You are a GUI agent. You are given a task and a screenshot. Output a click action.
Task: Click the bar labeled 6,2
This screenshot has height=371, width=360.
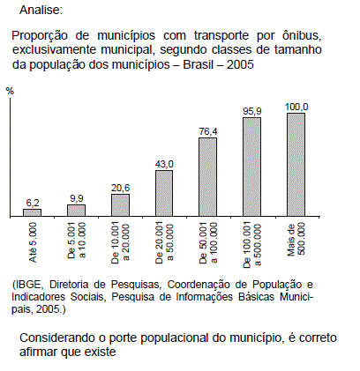click(33, 212)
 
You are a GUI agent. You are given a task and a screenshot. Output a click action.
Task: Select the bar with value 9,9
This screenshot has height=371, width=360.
click(77, 211)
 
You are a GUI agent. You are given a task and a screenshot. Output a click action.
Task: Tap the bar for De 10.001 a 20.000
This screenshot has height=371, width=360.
click(120, 205)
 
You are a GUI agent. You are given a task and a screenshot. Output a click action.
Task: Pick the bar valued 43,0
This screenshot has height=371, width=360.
click(164, 193)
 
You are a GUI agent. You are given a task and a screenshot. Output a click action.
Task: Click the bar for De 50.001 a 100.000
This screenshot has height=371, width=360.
click(208, 177)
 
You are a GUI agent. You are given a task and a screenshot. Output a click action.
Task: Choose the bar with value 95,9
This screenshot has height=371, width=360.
click(251, 167)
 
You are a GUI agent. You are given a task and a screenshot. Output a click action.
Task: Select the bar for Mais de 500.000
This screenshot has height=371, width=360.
click(296, 165)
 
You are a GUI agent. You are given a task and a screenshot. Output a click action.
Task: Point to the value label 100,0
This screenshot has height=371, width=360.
click(296, 107)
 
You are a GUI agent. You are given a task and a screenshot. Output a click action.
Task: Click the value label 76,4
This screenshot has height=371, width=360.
click(208, 131)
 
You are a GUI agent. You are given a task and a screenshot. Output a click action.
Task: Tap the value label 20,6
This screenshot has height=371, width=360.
click(120, 188)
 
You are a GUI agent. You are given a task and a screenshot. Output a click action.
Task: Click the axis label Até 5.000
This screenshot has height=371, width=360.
click(33, 242)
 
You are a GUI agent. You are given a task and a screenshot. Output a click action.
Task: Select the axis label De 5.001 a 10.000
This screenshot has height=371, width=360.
click(77, 241)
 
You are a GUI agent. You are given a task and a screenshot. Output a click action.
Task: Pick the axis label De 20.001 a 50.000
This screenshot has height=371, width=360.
click(164, 243)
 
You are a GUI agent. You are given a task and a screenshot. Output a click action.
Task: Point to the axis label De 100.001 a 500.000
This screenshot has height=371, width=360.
click(252, 245)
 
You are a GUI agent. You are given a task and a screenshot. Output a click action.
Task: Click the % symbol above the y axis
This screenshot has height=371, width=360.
click(10, 91)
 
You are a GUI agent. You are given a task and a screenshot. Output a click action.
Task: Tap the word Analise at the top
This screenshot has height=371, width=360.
click(41, 11)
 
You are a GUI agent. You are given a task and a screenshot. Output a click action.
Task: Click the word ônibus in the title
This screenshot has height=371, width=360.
click(301, 35)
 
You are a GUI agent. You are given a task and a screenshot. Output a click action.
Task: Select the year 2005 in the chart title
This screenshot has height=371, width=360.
click(240, 64)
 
